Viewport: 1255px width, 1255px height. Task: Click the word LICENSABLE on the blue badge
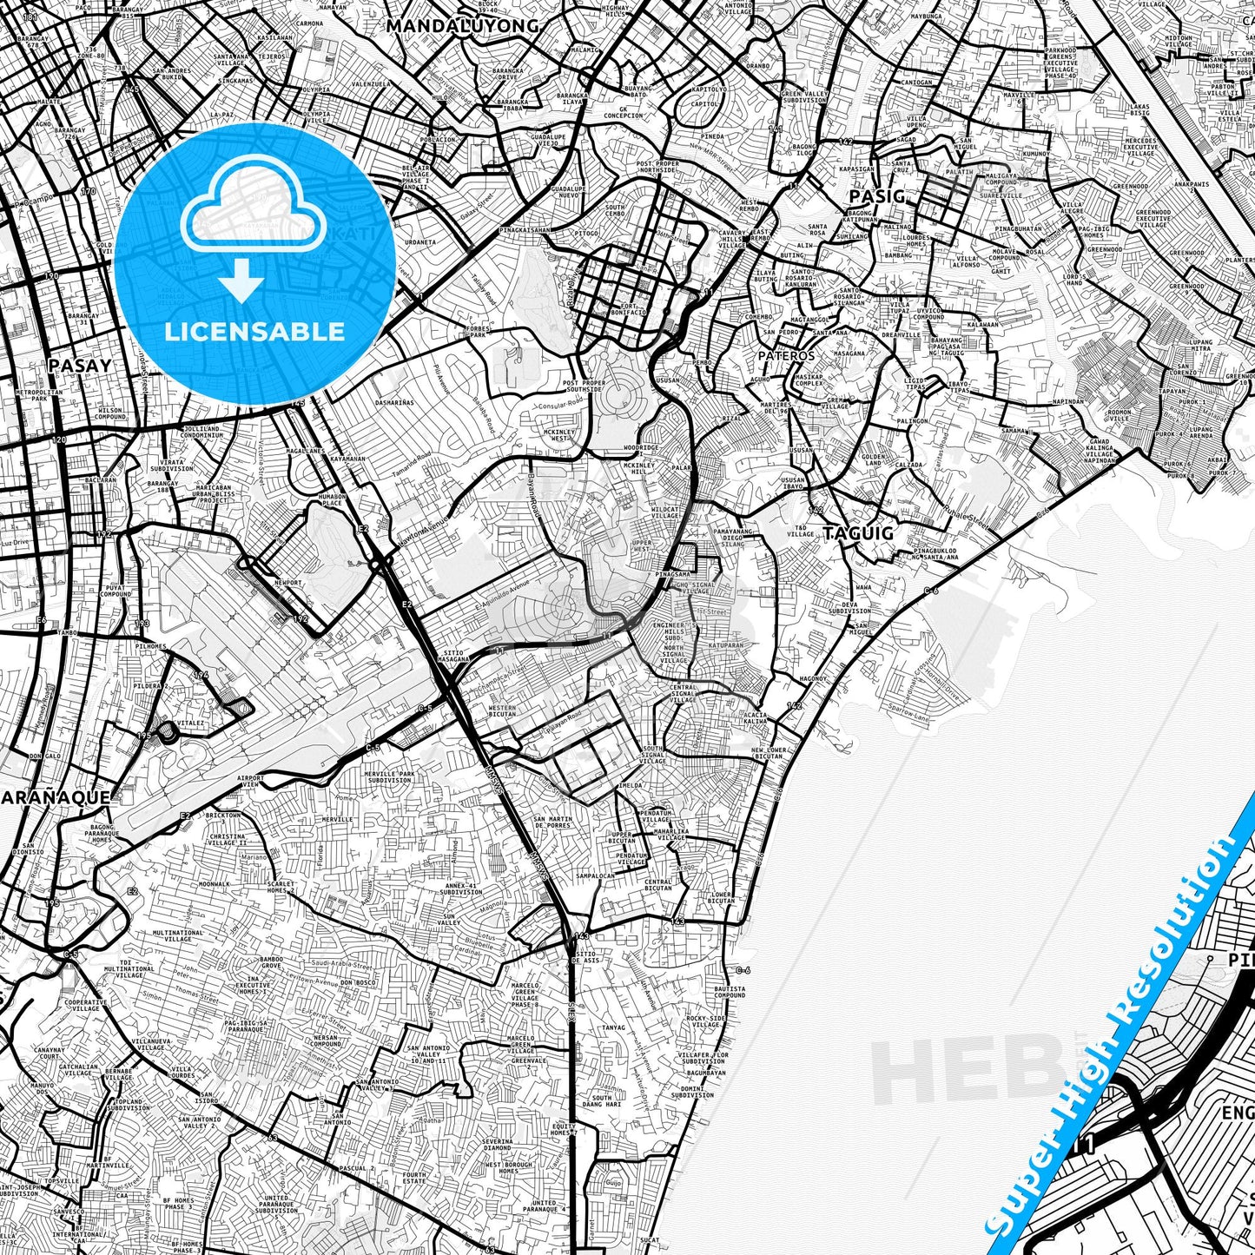(255, 331)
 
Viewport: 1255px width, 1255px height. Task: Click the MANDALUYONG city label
(462, 26)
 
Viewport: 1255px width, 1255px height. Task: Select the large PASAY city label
(80, 365)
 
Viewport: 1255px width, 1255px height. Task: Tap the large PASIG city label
(876, 196)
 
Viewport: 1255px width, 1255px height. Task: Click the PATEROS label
(786, 355)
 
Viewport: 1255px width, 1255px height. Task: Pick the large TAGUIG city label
(858, 533)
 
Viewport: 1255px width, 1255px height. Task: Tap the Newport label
(287, 583)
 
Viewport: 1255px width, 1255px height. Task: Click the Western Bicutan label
(502, 711)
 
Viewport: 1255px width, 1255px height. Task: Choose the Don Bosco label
(358, 981)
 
